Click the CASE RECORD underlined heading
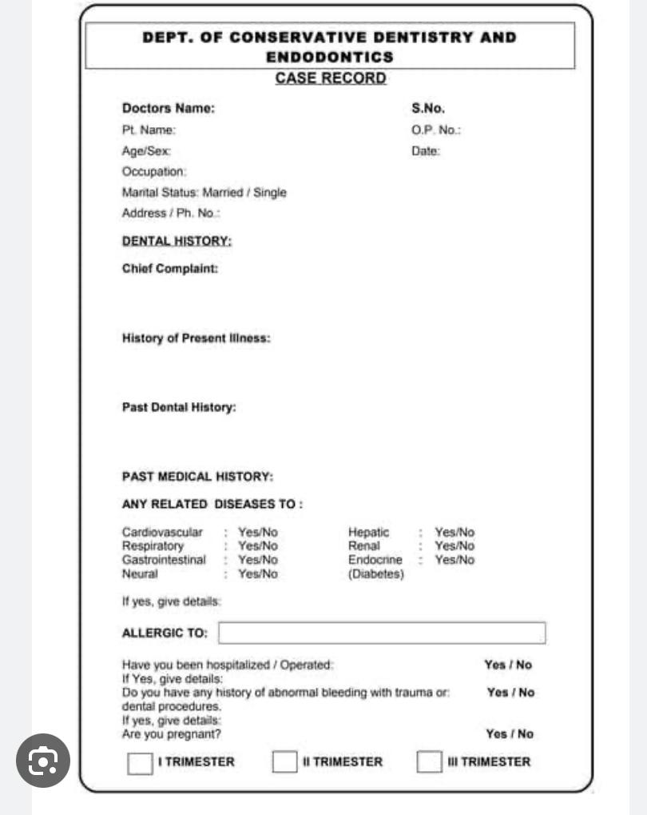331,78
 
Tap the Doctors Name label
168,109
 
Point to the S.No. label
428,109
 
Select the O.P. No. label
436,130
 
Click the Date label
426,150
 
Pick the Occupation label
154,171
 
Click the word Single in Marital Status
269,193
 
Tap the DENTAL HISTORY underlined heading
177,241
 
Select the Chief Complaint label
169,269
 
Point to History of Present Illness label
196,338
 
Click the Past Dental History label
179,407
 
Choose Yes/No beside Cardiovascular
258,533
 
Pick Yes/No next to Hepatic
454,533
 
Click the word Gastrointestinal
164,560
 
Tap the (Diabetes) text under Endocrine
376,574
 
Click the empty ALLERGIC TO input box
382,633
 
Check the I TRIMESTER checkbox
140,763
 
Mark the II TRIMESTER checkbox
284,763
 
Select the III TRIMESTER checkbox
429,763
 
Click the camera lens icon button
43,761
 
